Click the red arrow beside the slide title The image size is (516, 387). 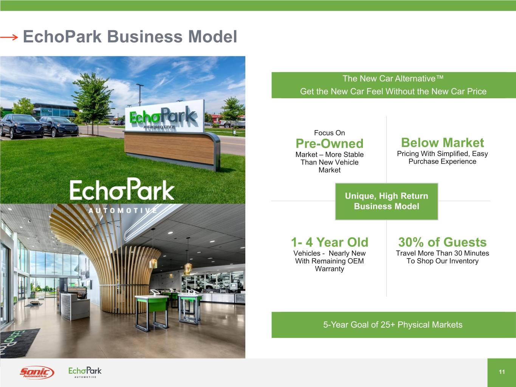click(x=9, y=37)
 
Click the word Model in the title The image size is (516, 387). click(x=212, y=37)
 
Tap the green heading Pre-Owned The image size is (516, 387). click(x=329, y=143)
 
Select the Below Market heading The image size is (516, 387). click(x=442, y=142)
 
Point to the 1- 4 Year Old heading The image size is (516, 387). click(x=329, y=242)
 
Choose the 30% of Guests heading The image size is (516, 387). click(x=442, y=242)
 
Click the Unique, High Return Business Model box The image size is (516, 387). click(x=386, y=201)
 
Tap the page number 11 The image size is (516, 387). click(x=502, y=372)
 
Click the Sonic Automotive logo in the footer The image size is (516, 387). click(x=37, y=372)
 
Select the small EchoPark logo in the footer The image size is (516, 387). click(x=85, y=372)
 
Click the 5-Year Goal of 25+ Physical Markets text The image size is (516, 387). click(x=393, y=325)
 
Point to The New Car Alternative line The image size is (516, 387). click(x=393, y=79)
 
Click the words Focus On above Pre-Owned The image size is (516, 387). click(x=329, y=133)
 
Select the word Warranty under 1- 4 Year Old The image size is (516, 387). click(x=329, y=269)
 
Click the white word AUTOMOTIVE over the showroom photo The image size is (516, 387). click(x=122, y=211)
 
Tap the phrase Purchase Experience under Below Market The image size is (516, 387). click(x=442, y=161)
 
